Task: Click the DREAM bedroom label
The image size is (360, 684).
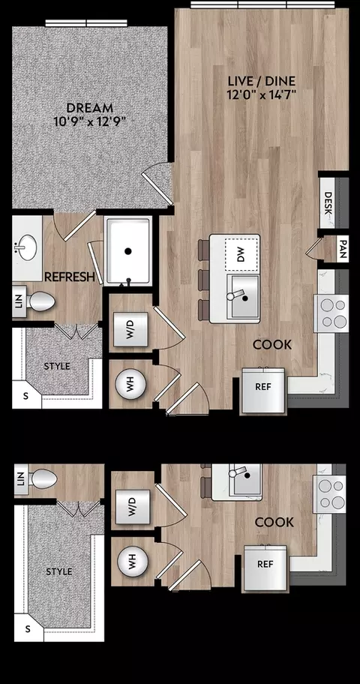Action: [89, 107]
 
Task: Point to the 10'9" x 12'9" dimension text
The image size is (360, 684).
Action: [90, 121]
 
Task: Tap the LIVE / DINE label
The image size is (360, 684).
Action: [262, 81]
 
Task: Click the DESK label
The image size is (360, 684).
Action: [328, 203]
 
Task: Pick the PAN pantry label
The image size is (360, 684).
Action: [343, 249]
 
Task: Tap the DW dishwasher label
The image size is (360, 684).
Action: [241, 255]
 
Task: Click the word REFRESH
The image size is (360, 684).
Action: [70, 277]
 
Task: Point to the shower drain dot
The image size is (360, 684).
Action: [127, 251]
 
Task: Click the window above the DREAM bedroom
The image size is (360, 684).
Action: [86, 22]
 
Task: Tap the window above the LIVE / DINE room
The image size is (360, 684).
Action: [262, 4]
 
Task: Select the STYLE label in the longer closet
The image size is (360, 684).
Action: [59, 571]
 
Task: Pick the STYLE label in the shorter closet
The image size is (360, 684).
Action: [57, 367]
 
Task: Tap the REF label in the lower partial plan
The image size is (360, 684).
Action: [265, 564]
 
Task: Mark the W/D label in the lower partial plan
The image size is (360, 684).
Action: [133, 506]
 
